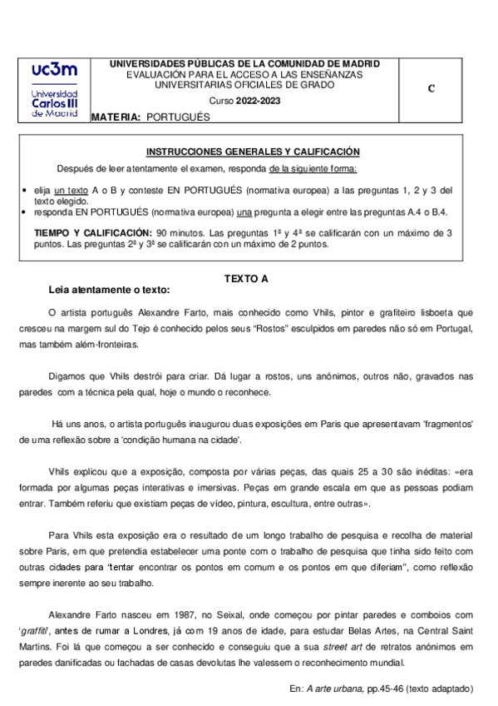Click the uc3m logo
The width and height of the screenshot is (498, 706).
54,92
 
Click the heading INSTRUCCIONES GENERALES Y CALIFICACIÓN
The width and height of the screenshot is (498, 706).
253,152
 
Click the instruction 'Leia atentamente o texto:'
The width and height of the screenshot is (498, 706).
109,291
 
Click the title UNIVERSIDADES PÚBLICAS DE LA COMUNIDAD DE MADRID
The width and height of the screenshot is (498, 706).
244,63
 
